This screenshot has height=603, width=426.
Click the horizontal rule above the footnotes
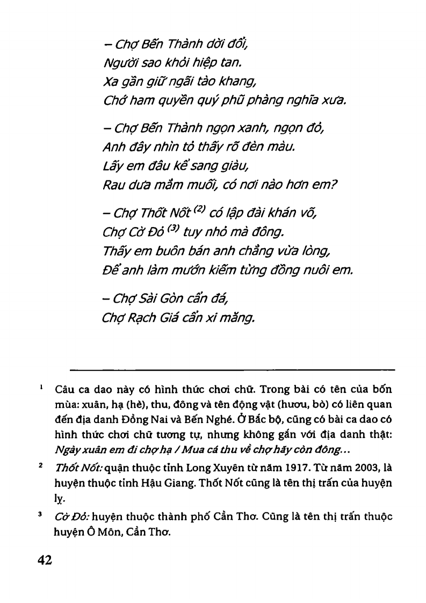[233, 369]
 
